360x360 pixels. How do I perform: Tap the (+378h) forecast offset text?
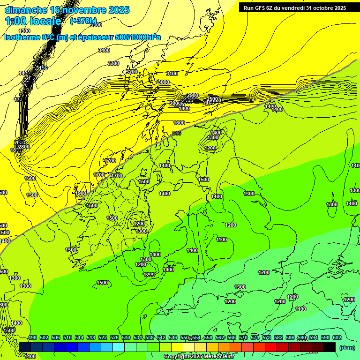(x=83, y=21)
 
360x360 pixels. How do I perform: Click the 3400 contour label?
(x=104, y=50)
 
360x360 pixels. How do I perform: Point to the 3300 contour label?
(x=113, y=63)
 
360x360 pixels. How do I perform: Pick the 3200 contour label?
(x=132, y=72)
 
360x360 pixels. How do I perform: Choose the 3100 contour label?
(x=172, y=74)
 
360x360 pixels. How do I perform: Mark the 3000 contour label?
(x=163, y=82)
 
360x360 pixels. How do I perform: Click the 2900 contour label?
(x=192, y=95)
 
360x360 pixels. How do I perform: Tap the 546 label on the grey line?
(x=177, y=134)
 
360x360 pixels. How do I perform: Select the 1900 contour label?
(x=81, y=193)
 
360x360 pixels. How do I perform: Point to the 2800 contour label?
(x=23, y=147)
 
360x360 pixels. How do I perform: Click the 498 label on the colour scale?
(x=32, y=337)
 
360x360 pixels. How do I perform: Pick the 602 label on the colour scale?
(x=337, y=337)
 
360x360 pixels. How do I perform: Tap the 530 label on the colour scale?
(x=126, y=337)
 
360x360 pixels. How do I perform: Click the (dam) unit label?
(x=347, y=347)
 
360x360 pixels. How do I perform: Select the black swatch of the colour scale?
(x=330, y=347)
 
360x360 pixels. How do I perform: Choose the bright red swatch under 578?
(x=271, y=347)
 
